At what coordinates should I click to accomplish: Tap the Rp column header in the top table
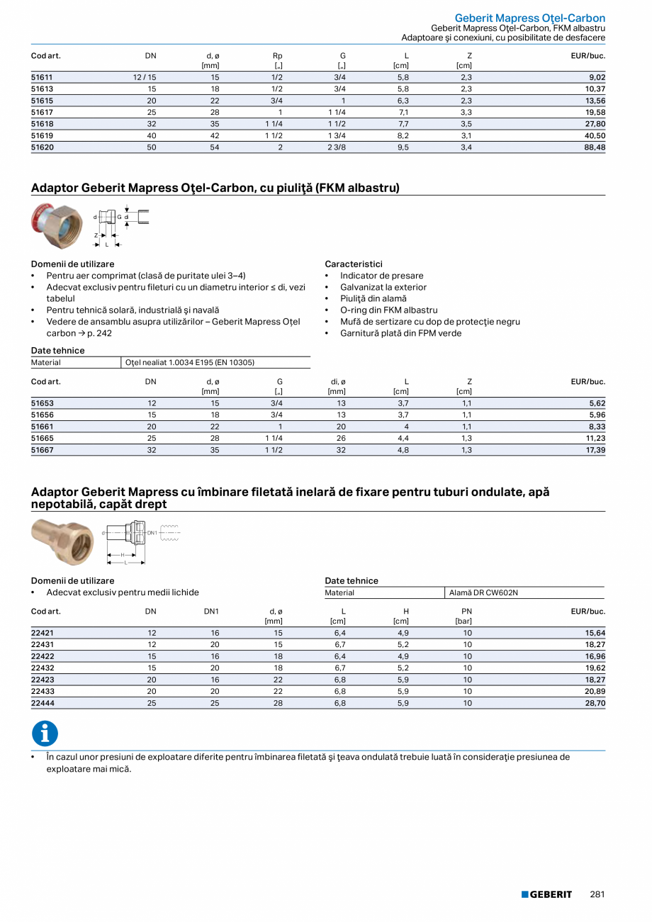(x=278, y=55)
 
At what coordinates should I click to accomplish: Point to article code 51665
(x=42, y=438)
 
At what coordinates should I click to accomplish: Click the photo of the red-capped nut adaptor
(x=57, y=225)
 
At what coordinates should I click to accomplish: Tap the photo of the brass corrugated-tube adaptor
(x=62, y=542)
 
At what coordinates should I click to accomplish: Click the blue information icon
(x=45, y=733)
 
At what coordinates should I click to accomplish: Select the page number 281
(x=597, y=894)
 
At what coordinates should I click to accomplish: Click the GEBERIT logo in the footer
(x=546, y=894)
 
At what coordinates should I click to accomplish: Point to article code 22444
(x=42, y=703)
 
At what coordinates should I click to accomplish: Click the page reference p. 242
(x=99, y=333)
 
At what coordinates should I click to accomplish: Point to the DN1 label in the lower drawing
(x=152, y=532)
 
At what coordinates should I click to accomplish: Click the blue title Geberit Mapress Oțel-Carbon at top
(x=529, y=18)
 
